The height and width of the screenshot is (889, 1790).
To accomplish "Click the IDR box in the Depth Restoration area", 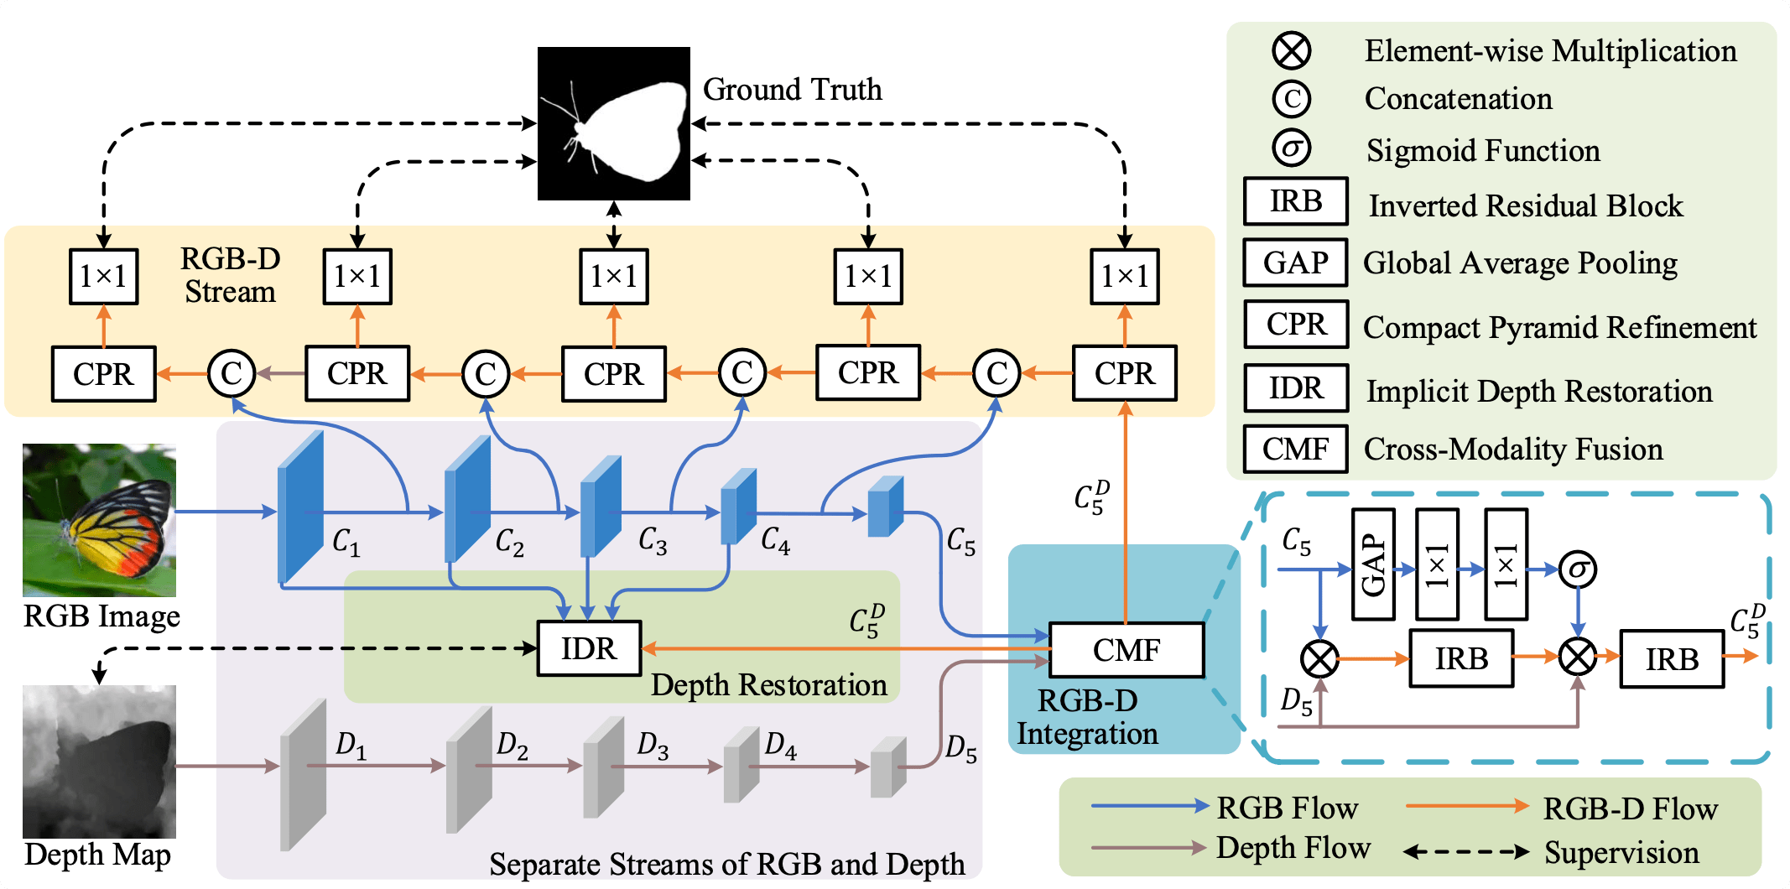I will (589, 648).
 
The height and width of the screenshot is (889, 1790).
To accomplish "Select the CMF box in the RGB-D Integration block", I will (1126, 650).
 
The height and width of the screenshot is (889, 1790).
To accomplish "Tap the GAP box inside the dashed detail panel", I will (1373, 564).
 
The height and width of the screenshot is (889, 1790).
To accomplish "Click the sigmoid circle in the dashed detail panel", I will (1578, 569).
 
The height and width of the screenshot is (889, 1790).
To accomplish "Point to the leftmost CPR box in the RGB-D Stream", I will (103, 373).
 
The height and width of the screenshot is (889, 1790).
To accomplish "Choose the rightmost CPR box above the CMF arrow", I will (1124, 373).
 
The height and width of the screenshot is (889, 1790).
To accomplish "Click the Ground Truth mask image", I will (613, 123).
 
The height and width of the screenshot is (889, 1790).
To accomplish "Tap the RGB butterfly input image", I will (99, 520).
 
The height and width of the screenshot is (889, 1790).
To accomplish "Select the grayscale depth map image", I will (99, 762).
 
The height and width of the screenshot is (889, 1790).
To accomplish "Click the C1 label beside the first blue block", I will (346, 542).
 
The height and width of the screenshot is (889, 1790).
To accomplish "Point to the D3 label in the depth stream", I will (653, 745).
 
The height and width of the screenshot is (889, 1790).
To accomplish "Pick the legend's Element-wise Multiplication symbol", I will (1291, 50).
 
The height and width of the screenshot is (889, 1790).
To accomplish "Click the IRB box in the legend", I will (1295, 201).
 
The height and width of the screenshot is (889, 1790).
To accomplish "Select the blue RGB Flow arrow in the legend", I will (1149, 806).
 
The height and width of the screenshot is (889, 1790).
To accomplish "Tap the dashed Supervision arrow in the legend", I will (1466, 852).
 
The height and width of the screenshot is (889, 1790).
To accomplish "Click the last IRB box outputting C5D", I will (1671, 659).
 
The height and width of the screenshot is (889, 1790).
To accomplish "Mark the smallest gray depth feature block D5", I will (887, 767).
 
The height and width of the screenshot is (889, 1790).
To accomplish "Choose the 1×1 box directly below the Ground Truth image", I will (613, 276).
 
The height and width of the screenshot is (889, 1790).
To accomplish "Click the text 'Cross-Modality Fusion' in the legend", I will (1512, 450).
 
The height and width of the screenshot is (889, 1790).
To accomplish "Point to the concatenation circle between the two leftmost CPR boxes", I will (232, 373).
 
